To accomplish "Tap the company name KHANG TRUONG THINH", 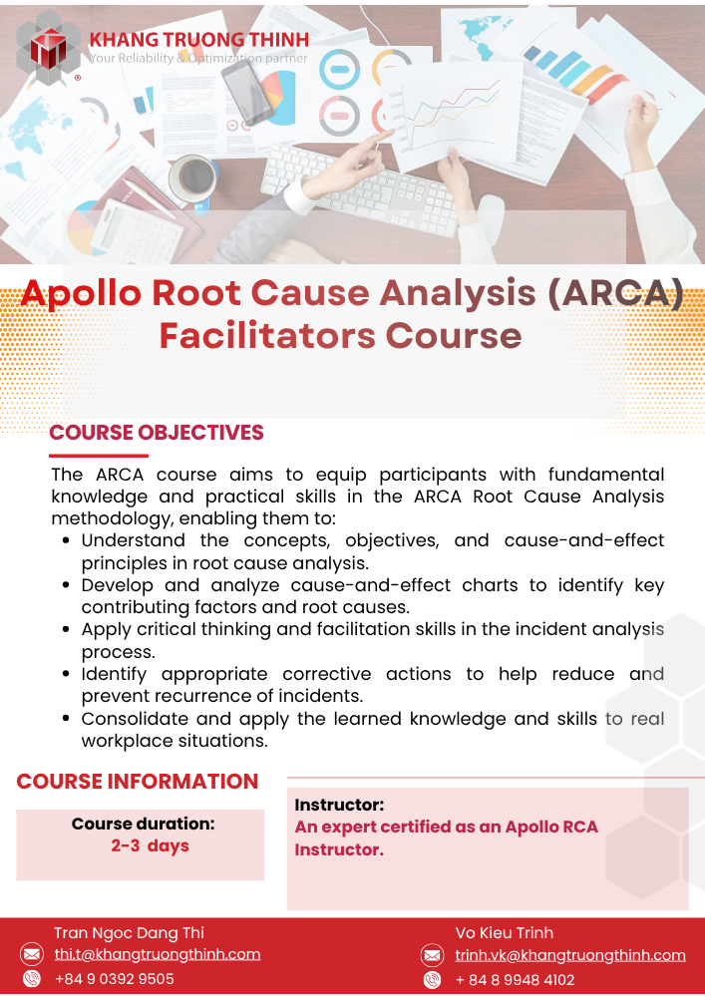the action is click(199, 40).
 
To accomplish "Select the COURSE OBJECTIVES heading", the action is click(157, 433).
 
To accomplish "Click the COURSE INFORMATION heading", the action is click(138, 782).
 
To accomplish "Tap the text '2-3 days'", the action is click(150, 846).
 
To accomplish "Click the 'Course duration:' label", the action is click(143, 825).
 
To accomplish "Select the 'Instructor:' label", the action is click(339, 805).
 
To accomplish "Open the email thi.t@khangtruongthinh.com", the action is click(157, 954).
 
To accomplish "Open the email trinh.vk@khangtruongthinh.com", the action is click(570, 956).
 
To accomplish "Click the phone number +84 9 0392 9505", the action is click(115, 979).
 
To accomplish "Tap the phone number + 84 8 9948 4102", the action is click(515, 980).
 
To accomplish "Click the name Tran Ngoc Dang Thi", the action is click(129, 933).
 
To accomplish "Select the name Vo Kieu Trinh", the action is click(505, 933).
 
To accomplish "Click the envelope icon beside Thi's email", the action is click(31, 954).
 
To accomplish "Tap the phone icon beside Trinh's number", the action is click(433, 980).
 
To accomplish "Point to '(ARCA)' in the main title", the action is click(614, 293).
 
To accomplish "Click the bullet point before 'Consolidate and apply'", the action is click(66, 719).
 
